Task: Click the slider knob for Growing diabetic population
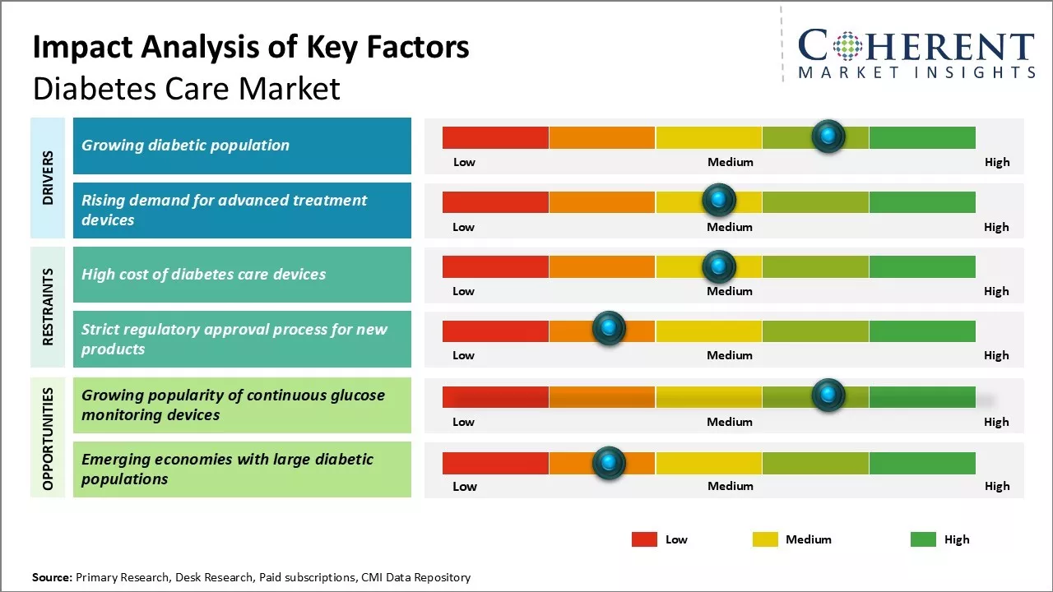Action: [x=828, y=136]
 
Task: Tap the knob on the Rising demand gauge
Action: [x=719, y=200]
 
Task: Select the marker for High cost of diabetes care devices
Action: [x=719, y=266]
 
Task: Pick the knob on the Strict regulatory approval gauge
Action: [x=609, y=329]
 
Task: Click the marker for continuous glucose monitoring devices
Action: [x=828, y=395]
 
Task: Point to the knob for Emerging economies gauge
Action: [x=609, y=463]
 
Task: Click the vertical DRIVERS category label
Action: [x=48, y=178]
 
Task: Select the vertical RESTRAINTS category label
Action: [x=48, y=307]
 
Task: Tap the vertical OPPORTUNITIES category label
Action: [x=48, y=438]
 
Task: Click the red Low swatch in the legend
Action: [x=644, y=539]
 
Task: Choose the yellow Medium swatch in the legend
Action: [x=765, y=539]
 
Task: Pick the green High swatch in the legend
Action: [x=923, y=539]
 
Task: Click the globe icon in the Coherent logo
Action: [x=847, y=46]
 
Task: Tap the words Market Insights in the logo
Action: [x=916, y=73]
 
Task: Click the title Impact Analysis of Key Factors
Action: [x=251, y=48]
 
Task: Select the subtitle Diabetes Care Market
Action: [x=186, y=88]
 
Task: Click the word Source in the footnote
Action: [x=52, y=577]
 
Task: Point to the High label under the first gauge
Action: [x=997, y=162]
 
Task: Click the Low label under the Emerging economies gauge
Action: [x=464, y=486]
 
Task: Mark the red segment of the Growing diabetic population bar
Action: [x=495, y=137]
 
